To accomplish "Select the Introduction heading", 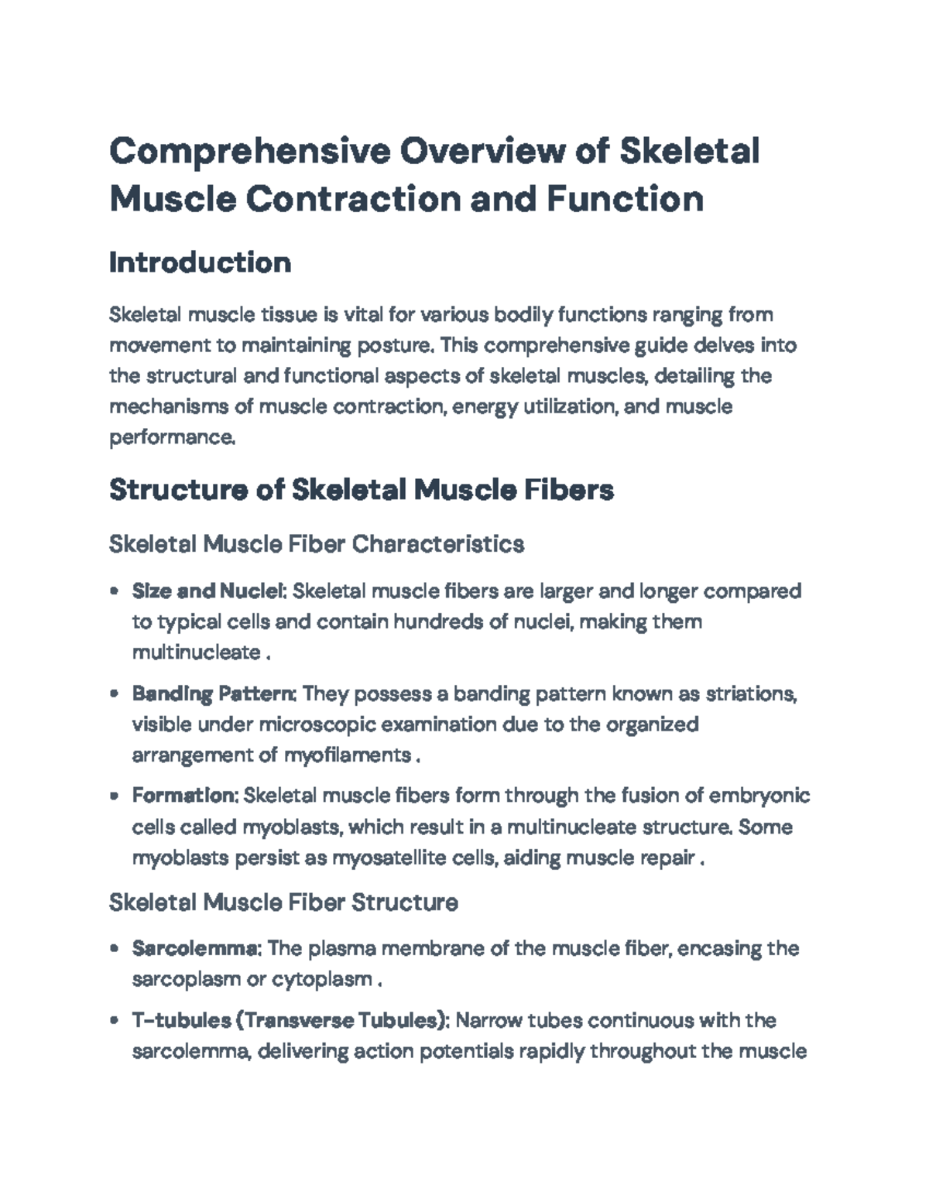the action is tap(200, 262).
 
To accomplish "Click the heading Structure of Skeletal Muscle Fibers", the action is tap(362, 489).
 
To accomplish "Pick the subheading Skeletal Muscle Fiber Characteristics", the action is tap(317, 544).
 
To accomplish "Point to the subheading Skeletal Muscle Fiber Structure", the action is tap(283, 902).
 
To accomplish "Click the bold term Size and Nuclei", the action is tap(209, 591).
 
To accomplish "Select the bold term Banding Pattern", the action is tap(214, 693).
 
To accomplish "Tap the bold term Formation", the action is tap(186, 796).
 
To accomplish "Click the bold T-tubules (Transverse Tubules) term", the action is tap(290, 1021).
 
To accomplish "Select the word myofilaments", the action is tap(348, 755).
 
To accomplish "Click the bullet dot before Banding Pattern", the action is tap(115, 694).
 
